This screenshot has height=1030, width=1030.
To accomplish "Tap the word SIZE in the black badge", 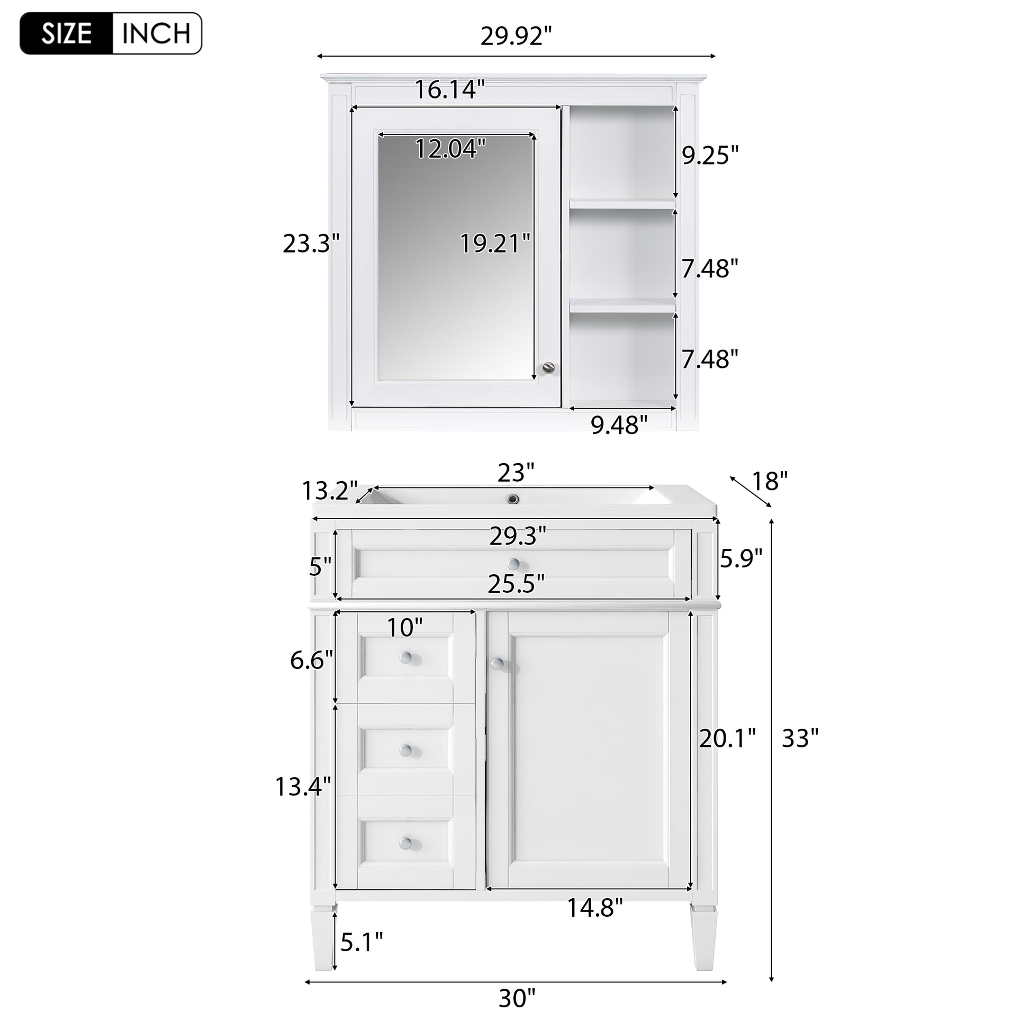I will [67, 34].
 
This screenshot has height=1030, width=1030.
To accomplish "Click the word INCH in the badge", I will [156, 34].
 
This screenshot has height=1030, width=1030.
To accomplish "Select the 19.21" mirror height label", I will [495, 244].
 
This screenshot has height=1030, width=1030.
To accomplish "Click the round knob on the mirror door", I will [547, 367].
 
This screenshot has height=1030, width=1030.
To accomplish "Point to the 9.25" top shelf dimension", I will [711, 156].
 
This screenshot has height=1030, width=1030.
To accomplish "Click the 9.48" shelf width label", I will [619, 426].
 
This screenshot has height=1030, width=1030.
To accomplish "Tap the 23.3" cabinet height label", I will [311, 244].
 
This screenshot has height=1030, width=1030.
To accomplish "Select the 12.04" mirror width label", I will [450, 149].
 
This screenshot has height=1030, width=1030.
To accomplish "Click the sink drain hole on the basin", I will [513, 499].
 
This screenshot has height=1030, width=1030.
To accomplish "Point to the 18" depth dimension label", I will [769, 482].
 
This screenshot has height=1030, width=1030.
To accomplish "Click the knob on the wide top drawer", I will [513, 564].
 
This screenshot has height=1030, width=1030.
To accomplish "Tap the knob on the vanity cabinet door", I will [497, 664].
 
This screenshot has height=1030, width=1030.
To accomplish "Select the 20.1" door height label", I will [727, 739].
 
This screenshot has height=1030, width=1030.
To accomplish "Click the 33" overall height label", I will [800, 739].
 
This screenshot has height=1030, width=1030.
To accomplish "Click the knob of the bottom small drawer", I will [406, 843].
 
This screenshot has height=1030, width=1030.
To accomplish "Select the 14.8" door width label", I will [594, 907].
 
